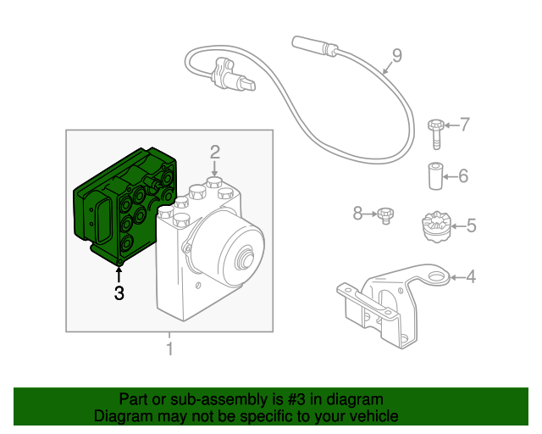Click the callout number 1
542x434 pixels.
click(169, 348)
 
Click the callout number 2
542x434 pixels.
click(215, 152)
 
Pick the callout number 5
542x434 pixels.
click(471, 226)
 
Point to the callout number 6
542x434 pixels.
click(462, 177)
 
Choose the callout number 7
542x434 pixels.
click(463, 125)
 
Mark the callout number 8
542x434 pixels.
click(357, 214)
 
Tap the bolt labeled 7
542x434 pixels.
click(435, 131)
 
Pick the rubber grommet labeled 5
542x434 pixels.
click(434, 227)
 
